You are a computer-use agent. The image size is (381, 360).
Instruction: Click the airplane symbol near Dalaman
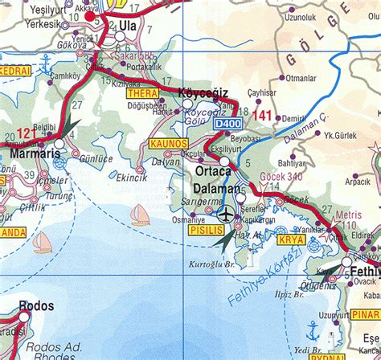[x=226, y=214]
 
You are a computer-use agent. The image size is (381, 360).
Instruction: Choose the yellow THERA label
[x=142, y=94]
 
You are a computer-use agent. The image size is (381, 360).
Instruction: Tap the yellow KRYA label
[x=293, y=239]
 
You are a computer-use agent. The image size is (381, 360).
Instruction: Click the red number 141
[x=262, y=116]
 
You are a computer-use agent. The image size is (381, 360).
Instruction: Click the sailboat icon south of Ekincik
[x=141, y=214]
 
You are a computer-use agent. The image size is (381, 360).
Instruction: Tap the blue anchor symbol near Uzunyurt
[x=313, y=329]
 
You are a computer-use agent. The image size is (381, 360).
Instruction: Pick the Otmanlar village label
[x=301, y=78]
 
